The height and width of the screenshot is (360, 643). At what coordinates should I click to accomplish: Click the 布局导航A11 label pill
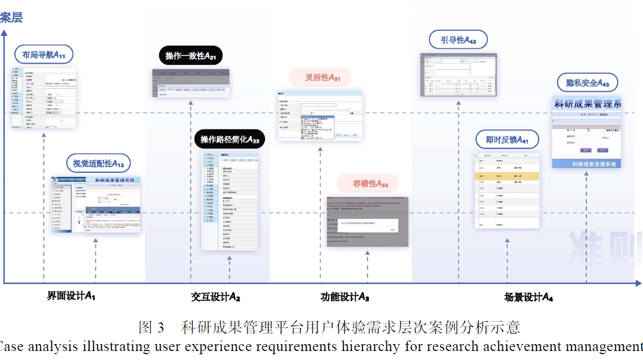pyautogui.click(x=43, y=54)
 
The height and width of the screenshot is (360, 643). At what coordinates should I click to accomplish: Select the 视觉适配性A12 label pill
pyautogui.click(x=98, y=163)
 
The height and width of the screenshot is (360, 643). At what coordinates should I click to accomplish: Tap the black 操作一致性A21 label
pyautogui.click(x=190, y=56)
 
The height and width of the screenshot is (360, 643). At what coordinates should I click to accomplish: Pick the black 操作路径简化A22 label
pyautogui.click(x=230, y=139)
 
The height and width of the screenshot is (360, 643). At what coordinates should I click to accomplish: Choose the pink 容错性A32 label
pyautogui.click(x=367, y=183)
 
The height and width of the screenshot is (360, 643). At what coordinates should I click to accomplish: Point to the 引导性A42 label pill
pyautogui.click(x=458, y=40)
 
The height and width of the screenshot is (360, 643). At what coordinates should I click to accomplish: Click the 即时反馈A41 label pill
pyautogui.click(x=507, y=139)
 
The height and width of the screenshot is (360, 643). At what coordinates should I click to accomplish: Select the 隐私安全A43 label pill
pyautogui.click(x=587, y=82)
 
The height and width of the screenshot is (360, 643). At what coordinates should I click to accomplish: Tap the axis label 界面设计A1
pyautogui.click(x=71, y=295)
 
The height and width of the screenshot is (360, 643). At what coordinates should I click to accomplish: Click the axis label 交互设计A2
pyautogui.click(x=216, y=296)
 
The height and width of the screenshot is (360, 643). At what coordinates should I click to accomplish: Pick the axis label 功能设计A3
pyautogui.click(x=345, y=296)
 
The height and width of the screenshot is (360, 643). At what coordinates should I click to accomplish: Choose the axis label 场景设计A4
pyautogui.click(x=528, y=297)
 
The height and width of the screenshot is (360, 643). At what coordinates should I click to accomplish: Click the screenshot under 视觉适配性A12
pyautogui.click(x=96, y=205)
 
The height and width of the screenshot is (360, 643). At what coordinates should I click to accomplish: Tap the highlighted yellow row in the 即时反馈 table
pyautogui.click(x=507, y=176)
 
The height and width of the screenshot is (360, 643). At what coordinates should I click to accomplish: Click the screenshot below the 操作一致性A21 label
pyautogui.click(x=191, y=83)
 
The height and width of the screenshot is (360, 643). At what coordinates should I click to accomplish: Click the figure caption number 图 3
pyautogui.click(x=152, y=327)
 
